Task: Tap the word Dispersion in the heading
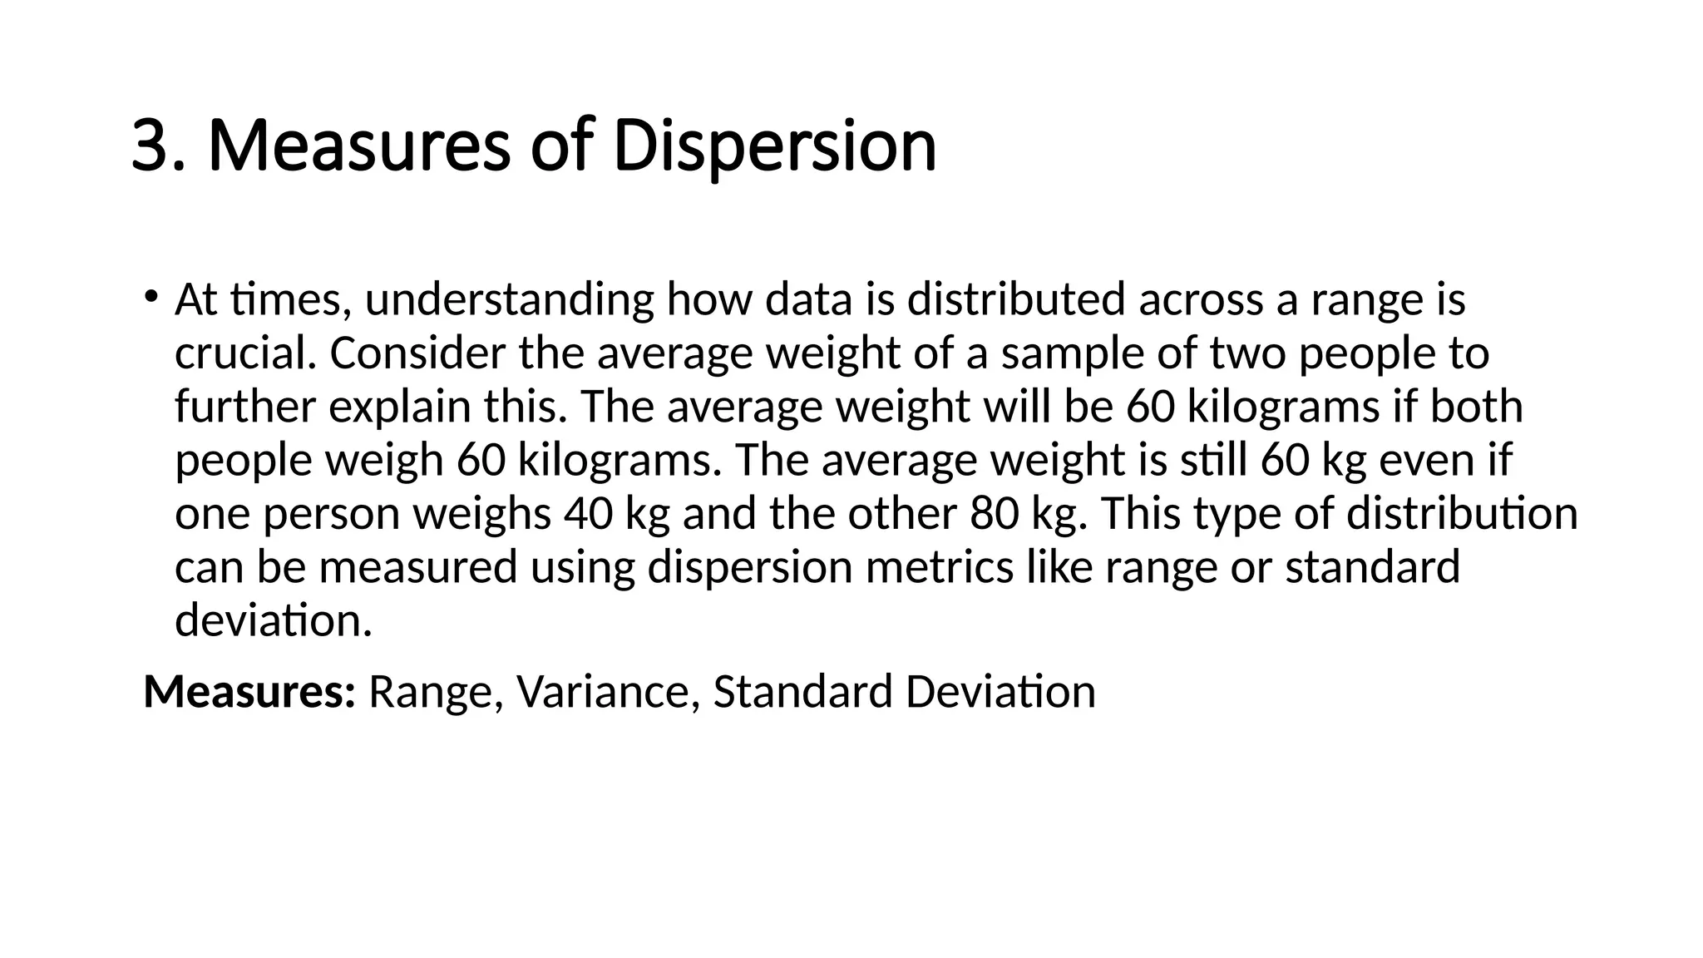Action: point(774,146)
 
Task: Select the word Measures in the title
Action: point(358,146)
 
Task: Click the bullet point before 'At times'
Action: point(150,296)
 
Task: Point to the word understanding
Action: point(509,299)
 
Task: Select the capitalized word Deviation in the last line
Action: point(1000,692)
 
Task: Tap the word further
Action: point(245,407)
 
